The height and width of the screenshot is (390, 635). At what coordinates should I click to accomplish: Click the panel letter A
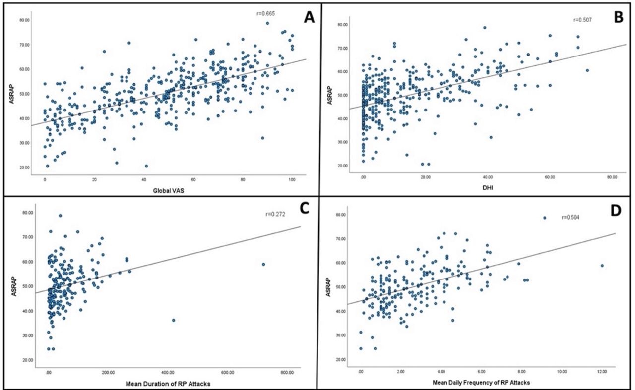pyautogui.click(x=309, y=18)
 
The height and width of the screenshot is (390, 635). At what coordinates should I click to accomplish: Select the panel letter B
pyautogui.click(x=619, y=17)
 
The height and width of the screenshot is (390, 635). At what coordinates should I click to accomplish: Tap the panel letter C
pyautogui.click(x=304, y=209)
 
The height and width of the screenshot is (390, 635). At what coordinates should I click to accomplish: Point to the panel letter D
pyautogui.click(x=616, y=211)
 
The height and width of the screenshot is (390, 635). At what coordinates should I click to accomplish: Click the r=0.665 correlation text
pyautogui.click(x=265, y=13)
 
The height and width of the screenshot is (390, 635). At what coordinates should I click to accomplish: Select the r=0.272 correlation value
pyautogui.click(x=275, y=214)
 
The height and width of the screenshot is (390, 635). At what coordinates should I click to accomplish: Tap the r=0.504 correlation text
pyautogui.click(x=571, y=217)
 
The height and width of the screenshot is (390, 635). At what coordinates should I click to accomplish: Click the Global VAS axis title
pyautogui.click(x=168, y=191)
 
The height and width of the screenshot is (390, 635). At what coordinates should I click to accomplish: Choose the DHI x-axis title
pyautogui.click(x=488, y=187)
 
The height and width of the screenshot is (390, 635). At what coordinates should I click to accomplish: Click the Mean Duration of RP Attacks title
pyautogui.click(x=168, y=384)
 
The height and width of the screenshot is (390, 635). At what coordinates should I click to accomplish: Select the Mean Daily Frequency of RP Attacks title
pyautogui.click(x=481, y=383)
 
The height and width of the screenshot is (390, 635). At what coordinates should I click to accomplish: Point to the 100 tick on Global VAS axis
pyautogui.click(x=292, y=179)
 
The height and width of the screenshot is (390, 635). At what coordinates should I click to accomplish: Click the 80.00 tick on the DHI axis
pyautogui.click(x=612, y=177)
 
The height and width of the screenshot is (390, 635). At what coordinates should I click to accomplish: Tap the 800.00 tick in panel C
pyautogui.click(x=287, y=373)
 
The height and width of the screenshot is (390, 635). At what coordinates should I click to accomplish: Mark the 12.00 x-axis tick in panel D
pyautogui.click(x=602, y=371)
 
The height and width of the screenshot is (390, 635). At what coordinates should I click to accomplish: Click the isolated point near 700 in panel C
pyautogui.click(x=263, y=264)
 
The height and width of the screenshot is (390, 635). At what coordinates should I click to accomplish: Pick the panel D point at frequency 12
pyautogui.click(x=602, y=266)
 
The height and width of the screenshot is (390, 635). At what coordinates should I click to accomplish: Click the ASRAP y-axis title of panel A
pyautogui.click(x=11, y=96)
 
